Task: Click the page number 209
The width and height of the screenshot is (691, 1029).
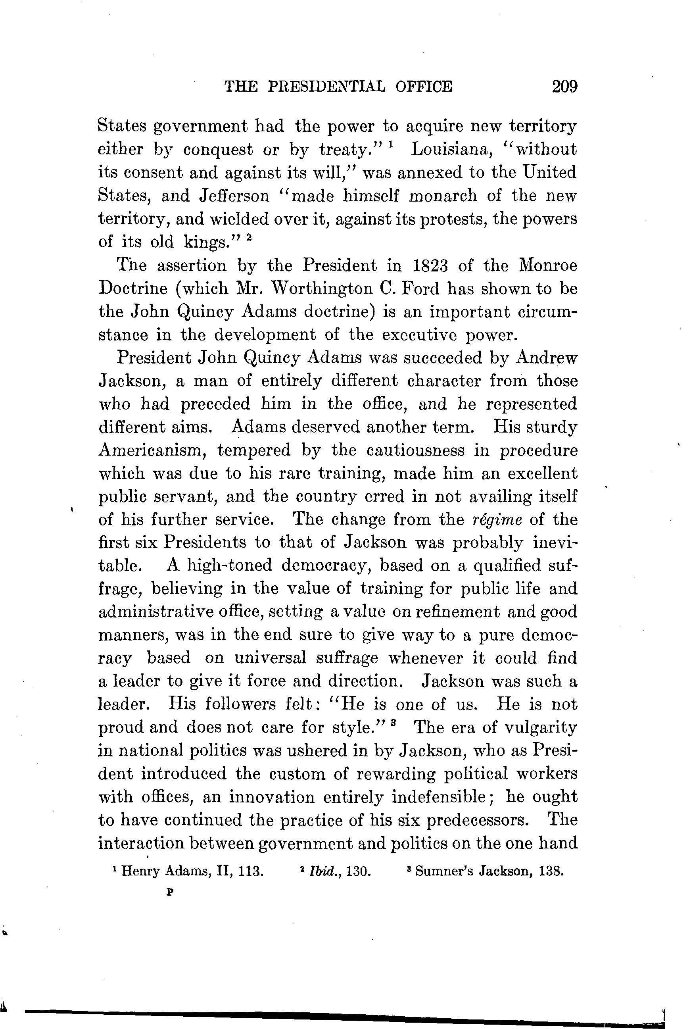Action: tap(564, 86)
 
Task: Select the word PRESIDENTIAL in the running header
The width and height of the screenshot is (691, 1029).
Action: tap(326, 86)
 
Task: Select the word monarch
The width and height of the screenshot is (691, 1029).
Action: tap(442, 196)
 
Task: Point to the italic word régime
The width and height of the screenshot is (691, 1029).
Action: tap(497, 520)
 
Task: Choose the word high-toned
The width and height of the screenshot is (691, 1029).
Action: tap(230, 565)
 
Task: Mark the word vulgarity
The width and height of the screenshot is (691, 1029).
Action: tap(540, 727)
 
